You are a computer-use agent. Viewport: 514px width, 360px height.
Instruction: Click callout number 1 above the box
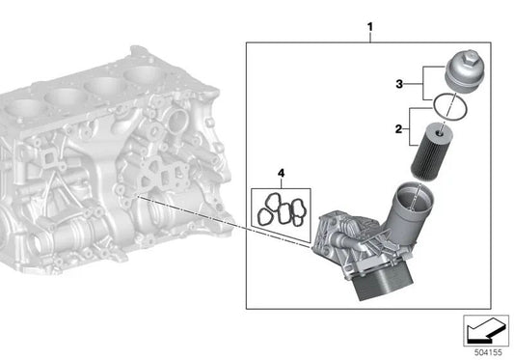click(x=370, y=27)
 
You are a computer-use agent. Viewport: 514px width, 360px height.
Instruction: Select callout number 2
click(x=398, y=129)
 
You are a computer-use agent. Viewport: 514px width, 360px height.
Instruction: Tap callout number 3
click(x=399, y=84)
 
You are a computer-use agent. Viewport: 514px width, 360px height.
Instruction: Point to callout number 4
click(x=281, y=173)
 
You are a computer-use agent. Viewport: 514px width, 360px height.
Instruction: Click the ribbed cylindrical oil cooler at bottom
click(x=383, y=281)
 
